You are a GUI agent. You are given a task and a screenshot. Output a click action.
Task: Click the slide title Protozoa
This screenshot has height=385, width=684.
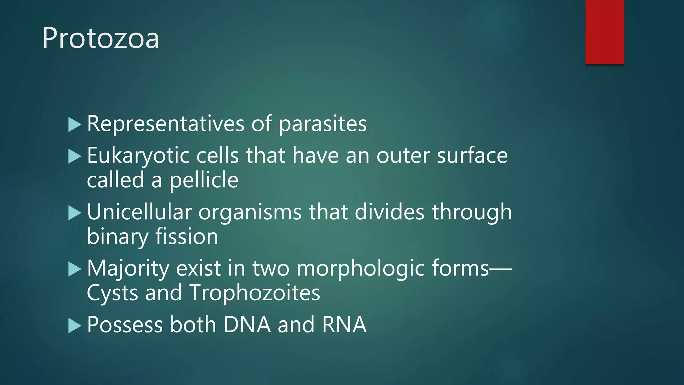pyautogui.click(x=101, y=38)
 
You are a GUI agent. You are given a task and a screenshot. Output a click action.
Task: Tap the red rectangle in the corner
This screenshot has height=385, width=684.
pyautogui.click(x=605, y=32)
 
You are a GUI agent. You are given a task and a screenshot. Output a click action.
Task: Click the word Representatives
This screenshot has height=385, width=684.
pyautogui.click(x=166, y=124)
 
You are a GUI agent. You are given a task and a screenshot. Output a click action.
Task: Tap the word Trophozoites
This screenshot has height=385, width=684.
pyautogui.click(x=255, y=293)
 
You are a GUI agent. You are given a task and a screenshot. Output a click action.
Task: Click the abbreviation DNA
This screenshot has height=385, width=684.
pyautogui.click(x=247, y=325)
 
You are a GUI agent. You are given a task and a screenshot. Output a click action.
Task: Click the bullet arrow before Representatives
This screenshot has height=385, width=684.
pyautogui.click(x=74, y=125)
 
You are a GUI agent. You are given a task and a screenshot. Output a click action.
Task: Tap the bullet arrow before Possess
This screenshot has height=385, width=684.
pyautogui.click(x=74, y=326)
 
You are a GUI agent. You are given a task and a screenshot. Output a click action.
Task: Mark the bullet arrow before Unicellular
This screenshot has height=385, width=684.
pyautogui.click(x=74, y=213)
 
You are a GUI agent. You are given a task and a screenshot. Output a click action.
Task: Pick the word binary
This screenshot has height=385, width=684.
pyautogui.click(x=117, y=237)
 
